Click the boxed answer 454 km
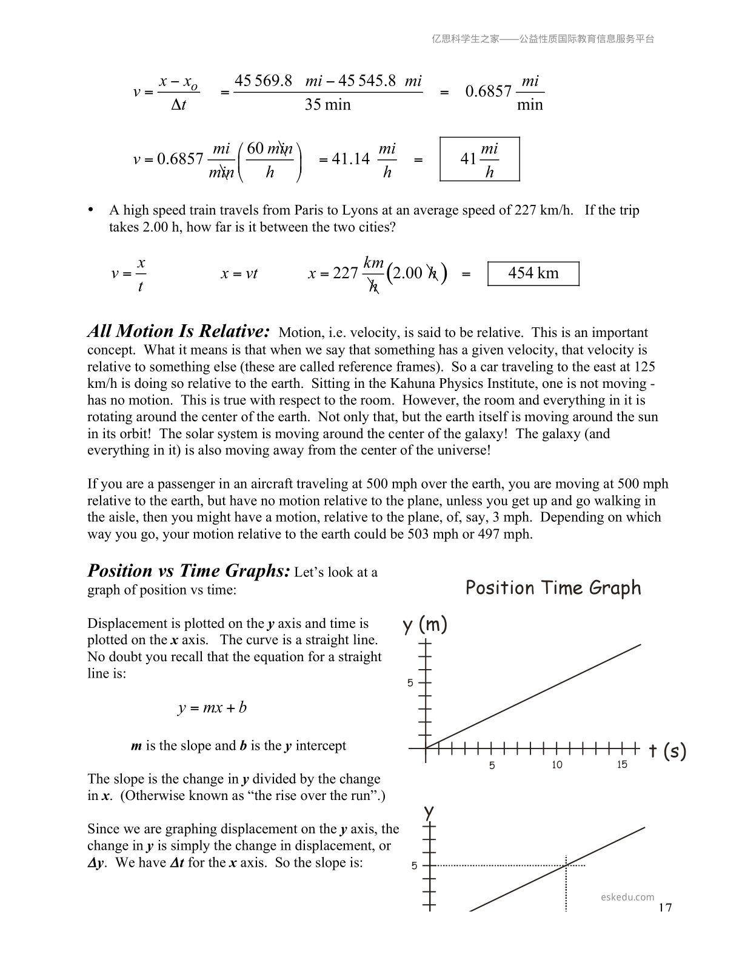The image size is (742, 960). point(533,273)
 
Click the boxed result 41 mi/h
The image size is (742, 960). point(480,159)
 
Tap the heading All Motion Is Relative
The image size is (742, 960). point(178,332)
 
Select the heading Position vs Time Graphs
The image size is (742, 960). point(189,571)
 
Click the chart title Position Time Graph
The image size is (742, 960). point(553,588)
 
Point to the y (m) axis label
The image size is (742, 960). point(425,624)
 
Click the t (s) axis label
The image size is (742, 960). point(667,752)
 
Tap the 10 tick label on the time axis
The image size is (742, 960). point(557,765)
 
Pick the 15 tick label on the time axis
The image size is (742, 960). point(622,765)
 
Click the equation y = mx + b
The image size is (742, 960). point(212,708)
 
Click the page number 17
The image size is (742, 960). point(665,907)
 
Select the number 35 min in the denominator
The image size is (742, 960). point(327,105)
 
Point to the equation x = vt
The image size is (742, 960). point(239,273)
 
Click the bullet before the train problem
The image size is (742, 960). point(91,210)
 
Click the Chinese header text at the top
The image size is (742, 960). point(543,39)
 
